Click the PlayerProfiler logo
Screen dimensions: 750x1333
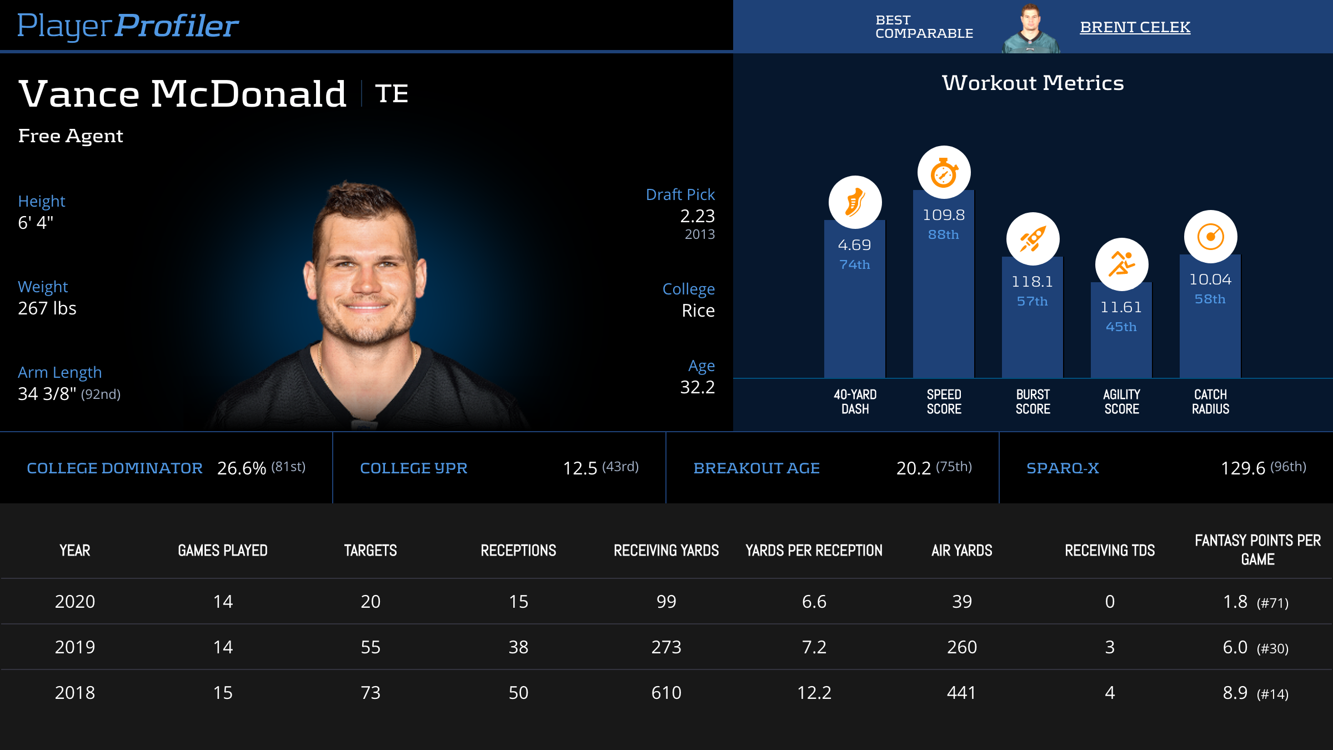pyautogui.click(x=128, y=26)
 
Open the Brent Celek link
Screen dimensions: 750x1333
pyautogui.click(x=1135, y=27)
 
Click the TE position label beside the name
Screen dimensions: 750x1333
pyautogui.click(x=392, y=93)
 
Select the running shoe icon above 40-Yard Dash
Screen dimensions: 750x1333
pyautogui.click(x=855, y=202)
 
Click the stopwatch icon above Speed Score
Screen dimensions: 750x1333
pyautogui.click(x=944, y=172)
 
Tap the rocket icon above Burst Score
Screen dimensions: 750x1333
pyautogui.click(x=1033, y=239)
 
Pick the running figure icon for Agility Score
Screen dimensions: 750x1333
pyautogui.click(x=1121, y=264)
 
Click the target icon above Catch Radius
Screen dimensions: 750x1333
pyautogui.click(x=1210, y=237)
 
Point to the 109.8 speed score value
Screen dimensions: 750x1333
pyautogui.click(x=944, y=215)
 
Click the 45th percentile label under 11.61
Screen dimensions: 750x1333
pyautogui.click(x=1121, y=327)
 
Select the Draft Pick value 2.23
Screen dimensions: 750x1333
pyautogui.click(x=697, y=216)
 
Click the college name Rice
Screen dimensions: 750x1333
pyautogui.click(x=698, y=311)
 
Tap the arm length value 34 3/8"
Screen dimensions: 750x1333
pyautogui.click(x=47, y=394)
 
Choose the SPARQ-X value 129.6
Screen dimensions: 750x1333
pyautogui.click(x=1242, y=468)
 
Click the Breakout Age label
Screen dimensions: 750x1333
pyautogui.click(x=756, y=468)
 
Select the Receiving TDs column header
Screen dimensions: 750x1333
pyautogui.click(x=1110, y=551)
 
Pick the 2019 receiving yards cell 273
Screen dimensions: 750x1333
pyautogui.click(x=666, y=647)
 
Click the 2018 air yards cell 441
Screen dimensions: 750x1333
pyautogui.click(x=961, y=693)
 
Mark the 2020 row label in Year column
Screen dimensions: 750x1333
pyautogui.click(x=75, y=602)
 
